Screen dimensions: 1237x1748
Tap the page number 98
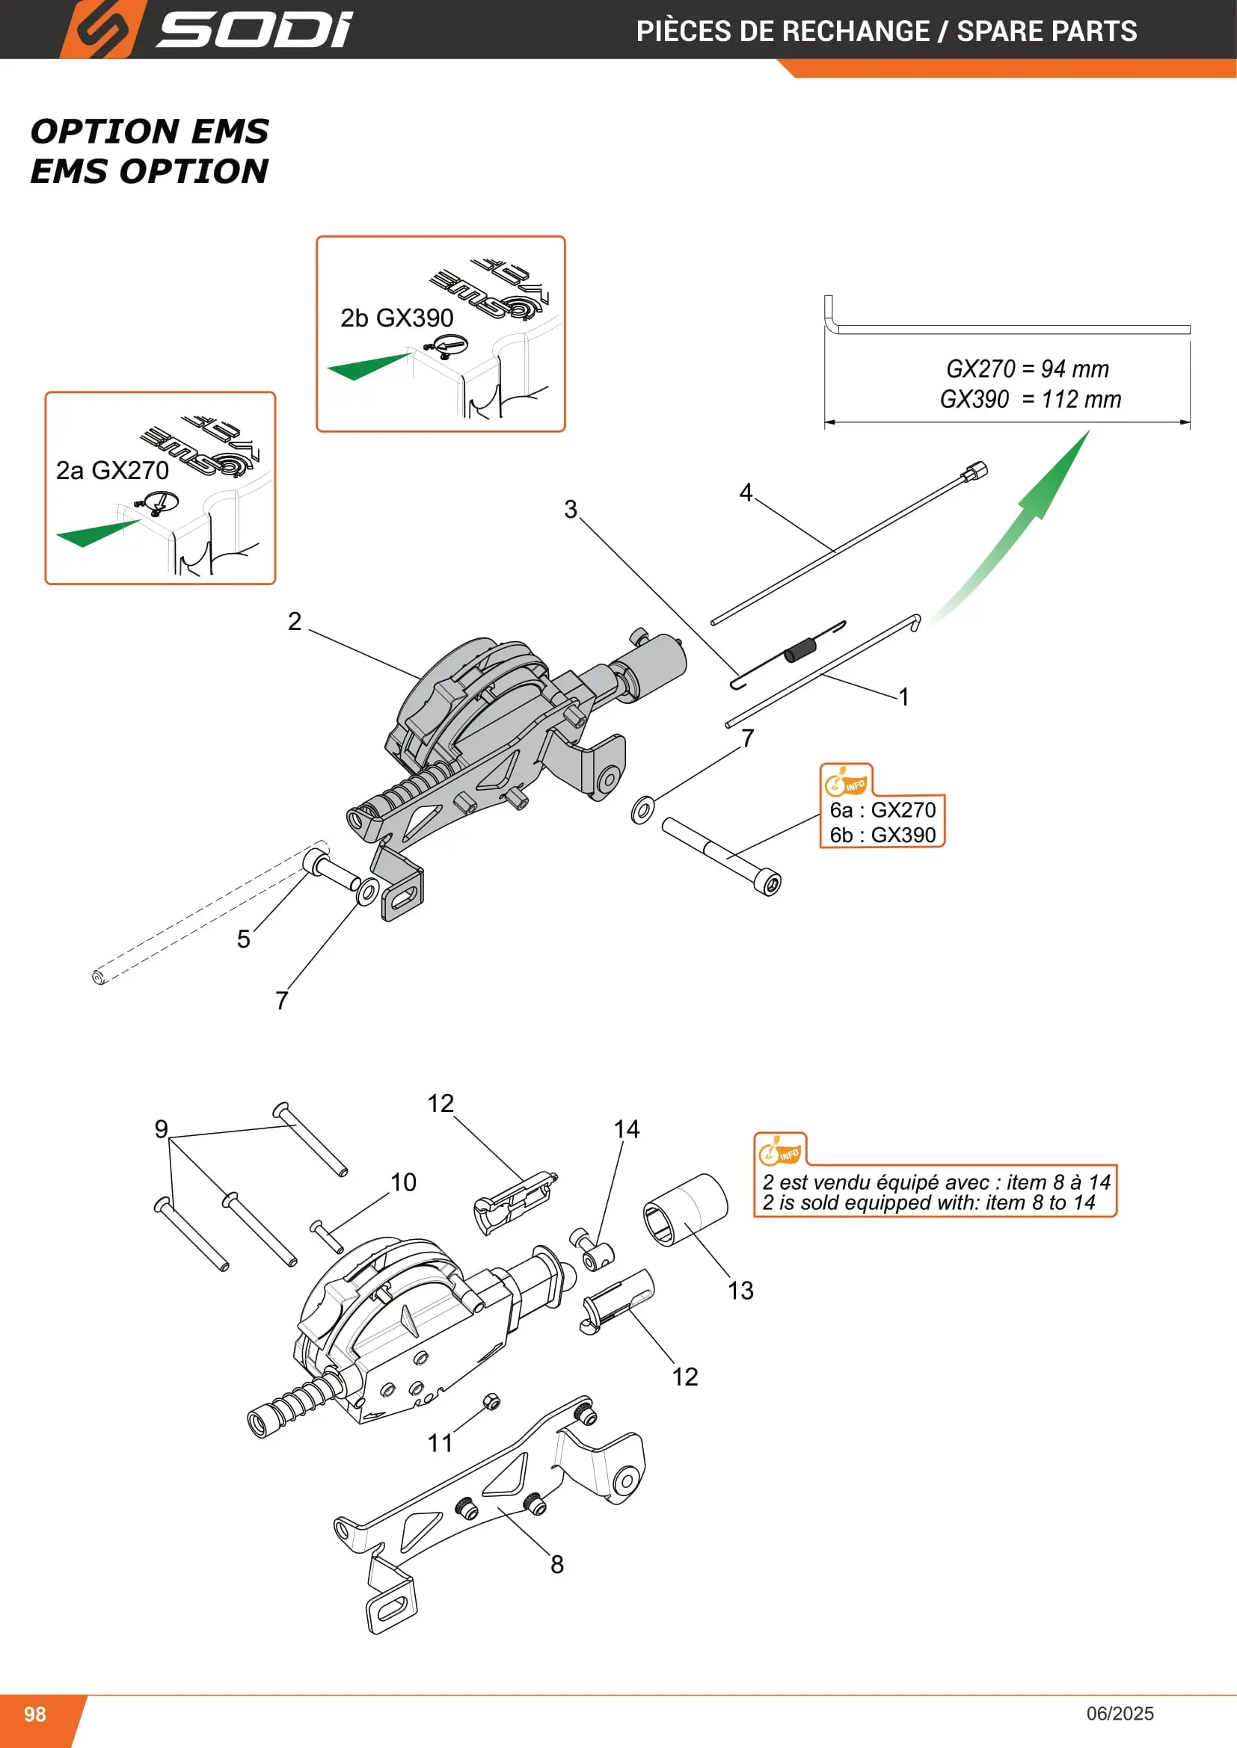point(35,1714)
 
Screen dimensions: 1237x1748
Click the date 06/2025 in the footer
point(1120,1714)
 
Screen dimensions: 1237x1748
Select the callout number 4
point(746,492)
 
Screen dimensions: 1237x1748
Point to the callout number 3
point(571,510)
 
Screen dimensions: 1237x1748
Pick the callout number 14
point(626,1129)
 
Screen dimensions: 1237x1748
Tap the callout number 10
point(403,1182)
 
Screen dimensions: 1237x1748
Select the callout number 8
point(557,1564)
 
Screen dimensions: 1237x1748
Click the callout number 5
point(243,939)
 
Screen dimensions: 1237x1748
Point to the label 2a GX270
point(112,471)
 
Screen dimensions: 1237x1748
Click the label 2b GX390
point(396,318)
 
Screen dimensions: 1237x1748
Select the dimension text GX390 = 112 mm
point(1030,399)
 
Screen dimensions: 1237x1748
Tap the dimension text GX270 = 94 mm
point(1027,368)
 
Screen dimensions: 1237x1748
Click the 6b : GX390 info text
point(882,836)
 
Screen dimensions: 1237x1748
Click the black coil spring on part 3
point(800,651)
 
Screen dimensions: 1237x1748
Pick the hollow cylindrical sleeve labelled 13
point(686,1210)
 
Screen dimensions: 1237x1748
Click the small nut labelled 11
point(492,1401)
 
